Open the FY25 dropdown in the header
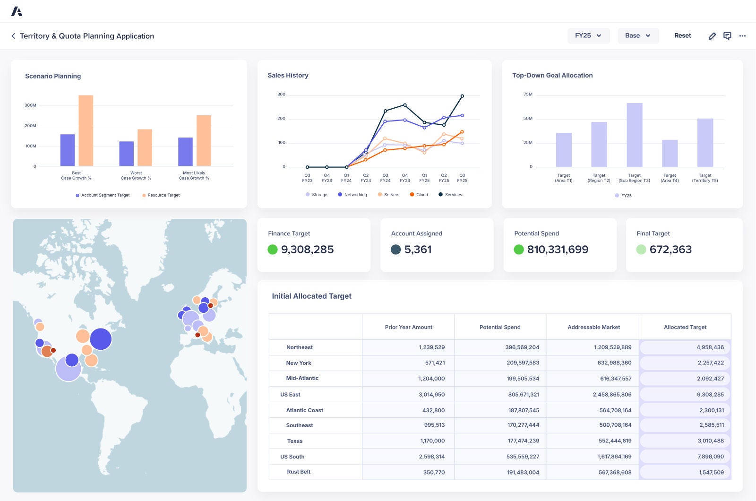(x=588, y=36)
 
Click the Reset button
(x=682, y=36)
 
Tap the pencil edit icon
(x=712, y=36)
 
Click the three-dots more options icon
(x=742, y=36)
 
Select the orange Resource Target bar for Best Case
(x=86, y=130)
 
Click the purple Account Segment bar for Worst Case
(x=126, y=154)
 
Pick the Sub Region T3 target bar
(x=634, y=135)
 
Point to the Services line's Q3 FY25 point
(x=462, y=96)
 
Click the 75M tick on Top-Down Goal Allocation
(x=528, y=95)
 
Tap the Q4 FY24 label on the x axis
(x=404, y=178)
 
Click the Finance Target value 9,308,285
(x=307, y=250)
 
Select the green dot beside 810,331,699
(x=519, y=250)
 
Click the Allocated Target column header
(x=685, y=327)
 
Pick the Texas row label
(x=295, y=441)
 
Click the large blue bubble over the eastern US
(x=101, y=339)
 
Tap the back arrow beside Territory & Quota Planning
(x=13, y=36)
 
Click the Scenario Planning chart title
(x=53, y=76)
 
